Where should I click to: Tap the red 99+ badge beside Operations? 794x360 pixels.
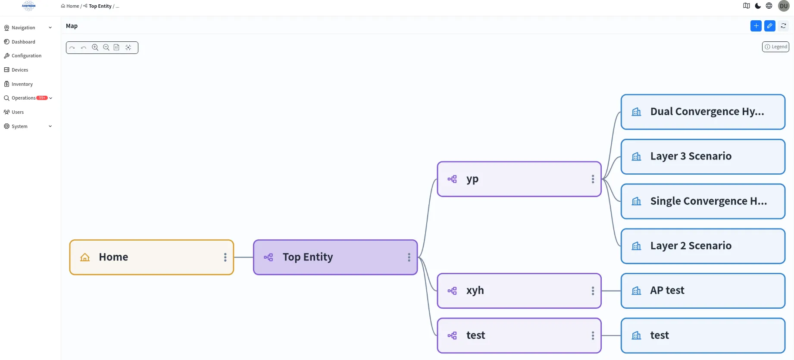tap(42, 98)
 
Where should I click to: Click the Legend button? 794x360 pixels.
tap(775, 47)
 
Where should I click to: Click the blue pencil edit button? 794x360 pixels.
tap(769, 26)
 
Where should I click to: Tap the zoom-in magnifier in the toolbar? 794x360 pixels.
tap(95, 47)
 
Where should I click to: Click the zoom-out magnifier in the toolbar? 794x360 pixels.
tap(106, 47)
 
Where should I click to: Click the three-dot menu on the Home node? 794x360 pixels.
tap(225, 257)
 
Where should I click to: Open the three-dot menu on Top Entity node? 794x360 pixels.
tap(409, 257)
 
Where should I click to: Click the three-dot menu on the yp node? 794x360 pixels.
tap(593, 179)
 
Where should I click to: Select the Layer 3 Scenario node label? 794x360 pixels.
tap(691, 156)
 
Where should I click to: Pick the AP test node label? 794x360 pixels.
tap(667, 291)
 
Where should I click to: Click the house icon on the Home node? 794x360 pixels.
tap(85, 257)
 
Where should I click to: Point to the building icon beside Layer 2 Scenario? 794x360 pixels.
tap(636, 246)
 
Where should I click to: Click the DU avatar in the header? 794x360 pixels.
tap(784, 6)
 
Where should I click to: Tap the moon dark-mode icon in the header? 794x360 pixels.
tap(758, 6)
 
